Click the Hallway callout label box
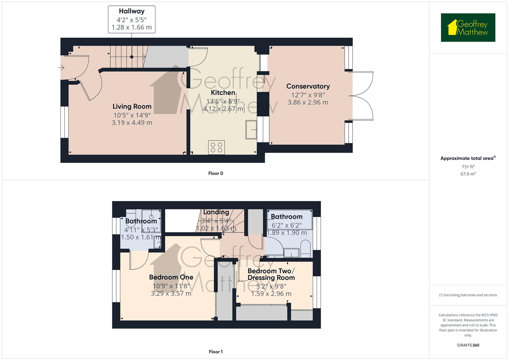[x=132, y=20]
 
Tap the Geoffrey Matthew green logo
[x=468, y=27]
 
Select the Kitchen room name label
[x=223, y=93]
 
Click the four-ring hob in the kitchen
[x=216, y=147]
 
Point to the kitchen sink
[x=251, y=130]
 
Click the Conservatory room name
[x=308, y=86]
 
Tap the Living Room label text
[x=132, y=106]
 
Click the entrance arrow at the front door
[x=61, y=67]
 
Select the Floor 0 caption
[x=216, y=173]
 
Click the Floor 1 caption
[x=216, y=352]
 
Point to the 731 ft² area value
[x=468, y=167]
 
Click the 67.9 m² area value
[x=468, y=174]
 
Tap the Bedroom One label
[x=171, y=277]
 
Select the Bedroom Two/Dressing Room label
[x=271, y=274]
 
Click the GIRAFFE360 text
[x=468, y=345]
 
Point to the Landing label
[x=216, y=212]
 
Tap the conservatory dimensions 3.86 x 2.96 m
[x=308, y=103]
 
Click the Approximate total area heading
[x=468, y=158]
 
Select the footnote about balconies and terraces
[x=468, y=295]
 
